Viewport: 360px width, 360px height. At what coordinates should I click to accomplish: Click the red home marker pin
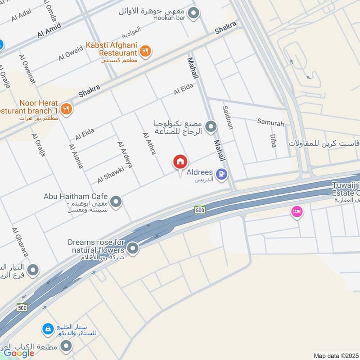click(x=180, y=162)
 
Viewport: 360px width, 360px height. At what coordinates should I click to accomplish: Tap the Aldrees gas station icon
click(x=221, y=173)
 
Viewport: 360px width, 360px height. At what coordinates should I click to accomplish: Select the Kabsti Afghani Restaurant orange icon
click(x=144, y=52)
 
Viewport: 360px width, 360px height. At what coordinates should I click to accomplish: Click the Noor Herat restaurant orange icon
click(x=66, y=108)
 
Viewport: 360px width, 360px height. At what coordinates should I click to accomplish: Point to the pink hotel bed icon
click(x=297, y=211)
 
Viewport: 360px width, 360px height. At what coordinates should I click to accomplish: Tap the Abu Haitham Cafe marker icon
click(x=116, y=202)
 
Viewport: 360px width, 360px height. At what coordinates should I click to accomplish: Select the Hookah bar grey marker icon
click(x=193, y=13)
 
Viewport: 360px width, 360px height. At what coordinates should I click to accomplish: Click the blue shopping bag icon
click(x=48, y=329)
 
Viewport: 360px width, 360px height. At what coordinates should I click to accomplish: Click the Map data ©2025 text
click(x=335, y=355)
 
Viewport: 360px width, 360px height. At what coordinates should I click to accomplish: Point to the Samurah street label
click(x=270, y=122)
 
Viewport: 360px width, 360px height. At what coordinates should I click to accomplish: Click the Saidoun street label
click(x=228, y=117)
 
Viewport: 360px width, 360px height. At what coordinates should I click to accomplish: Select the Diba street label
click(x=273, y=141)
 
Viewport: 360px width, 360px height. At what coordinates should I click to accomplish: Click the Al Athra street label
click(x=149, y=144)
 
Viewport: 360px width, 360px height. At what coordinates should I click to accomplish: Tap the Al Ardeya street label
click(x=125, y=155)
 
